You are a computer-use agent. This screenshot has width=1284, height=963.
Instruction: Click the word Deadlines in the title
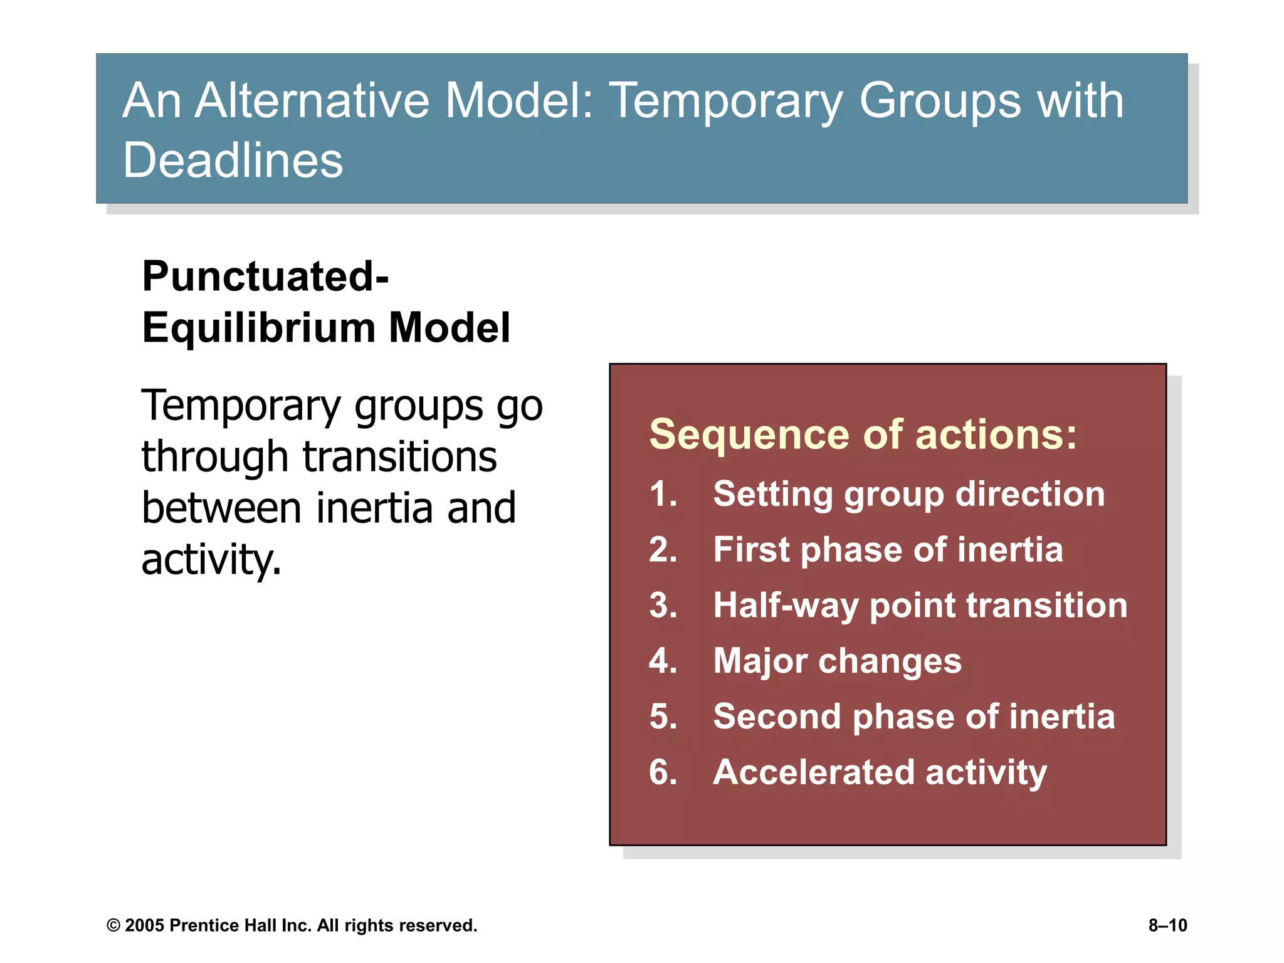(233, 160)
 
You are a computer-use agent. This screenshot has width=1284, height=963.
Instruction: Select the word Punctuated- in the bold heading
(265, 276)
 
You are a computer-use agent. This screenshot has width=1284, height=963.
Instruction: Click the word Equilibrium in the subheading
(258, 328)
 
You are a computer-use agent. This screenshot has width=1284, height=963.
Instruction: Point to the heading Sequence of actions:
(863, 434)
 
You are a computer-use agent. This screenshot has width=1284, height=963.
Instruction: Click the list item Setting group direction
(908, 494)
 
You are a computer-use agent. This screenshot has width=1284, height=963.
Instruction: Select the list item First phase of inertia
(888, 550)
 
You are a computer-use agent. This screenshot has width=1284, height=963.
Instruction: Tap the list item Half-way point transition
(920, 606)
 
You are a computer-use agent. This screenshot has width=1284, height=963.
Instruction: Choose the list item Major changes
(837, 661)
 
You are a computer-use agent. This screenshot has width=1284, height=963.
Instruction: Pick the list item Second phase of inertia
(913, 717)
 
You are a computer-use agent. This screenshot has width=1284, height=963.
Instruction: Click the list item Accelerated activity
(880, 772)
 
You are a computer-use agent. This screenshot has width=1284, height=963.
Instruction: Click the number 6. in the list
(663, 772)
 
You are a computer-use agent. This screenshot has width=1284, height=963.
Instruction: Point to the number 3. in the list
(663, 606)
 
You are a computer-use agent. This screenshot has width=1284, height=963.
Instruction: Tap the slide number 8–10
(1167, 925)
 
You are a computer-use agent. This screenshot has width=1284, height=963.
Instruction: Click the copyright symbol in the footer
(113, 925)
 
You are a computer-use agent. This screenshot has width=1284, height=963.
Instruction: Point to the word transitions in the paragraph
(400, 456)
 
